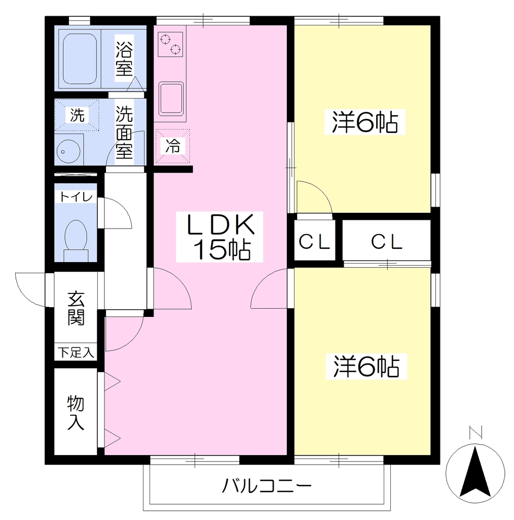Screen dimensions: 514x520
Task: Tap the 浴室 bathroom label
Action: (124, 58)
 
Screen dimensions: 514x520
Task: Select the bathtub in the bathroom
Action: (80, 59)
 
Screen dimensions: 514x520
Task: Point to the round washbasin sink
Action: (68, 151)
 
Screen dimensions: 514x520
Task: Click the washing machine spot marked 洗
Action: (77, 115)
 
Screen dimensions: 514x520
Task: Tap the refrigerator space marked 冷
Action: (173, 146)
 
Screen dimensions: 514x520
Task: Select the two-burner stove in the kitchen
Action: (170, 44)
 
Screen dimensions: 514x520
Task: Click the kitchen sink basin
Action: (171, 99)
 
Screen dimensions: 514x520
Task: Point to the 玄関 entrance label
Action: (76, 309)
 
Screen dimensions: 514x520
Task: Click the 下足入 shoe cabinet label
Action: (76, 352)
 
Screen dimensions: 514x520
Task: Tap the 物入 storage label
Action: (76, 412)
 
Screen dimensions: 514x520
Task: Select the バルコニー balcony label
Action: (267, 486)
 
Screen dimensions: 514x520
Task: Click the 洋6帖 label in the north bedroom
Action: (365, 122)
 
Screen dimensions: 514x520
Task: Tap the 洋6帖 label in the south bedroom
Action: (366, 367)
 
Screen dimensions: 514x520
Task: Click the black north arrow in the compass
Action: (475, 472)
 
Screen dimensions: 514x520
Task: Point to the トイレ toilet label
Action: (76, 197)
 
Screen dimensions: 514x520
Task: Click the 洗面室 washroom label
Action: (124, 133)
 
